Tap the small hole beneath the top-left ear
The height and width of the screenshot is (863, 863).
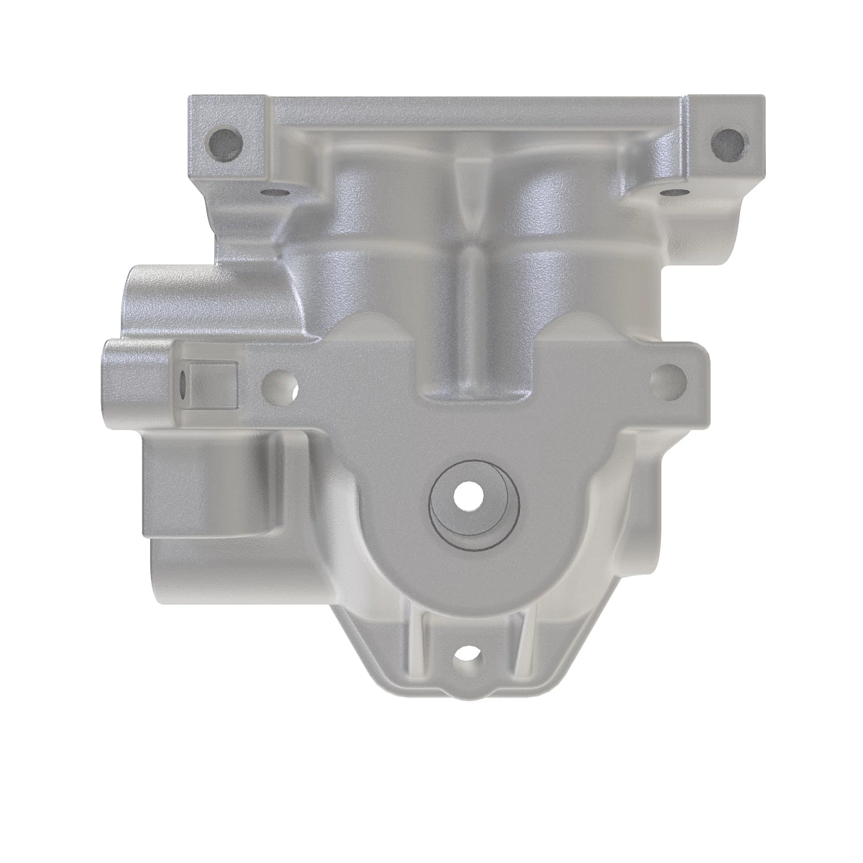coord(273,193)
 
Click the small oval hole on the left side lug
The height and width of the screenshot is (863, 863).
coord(183,385)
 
